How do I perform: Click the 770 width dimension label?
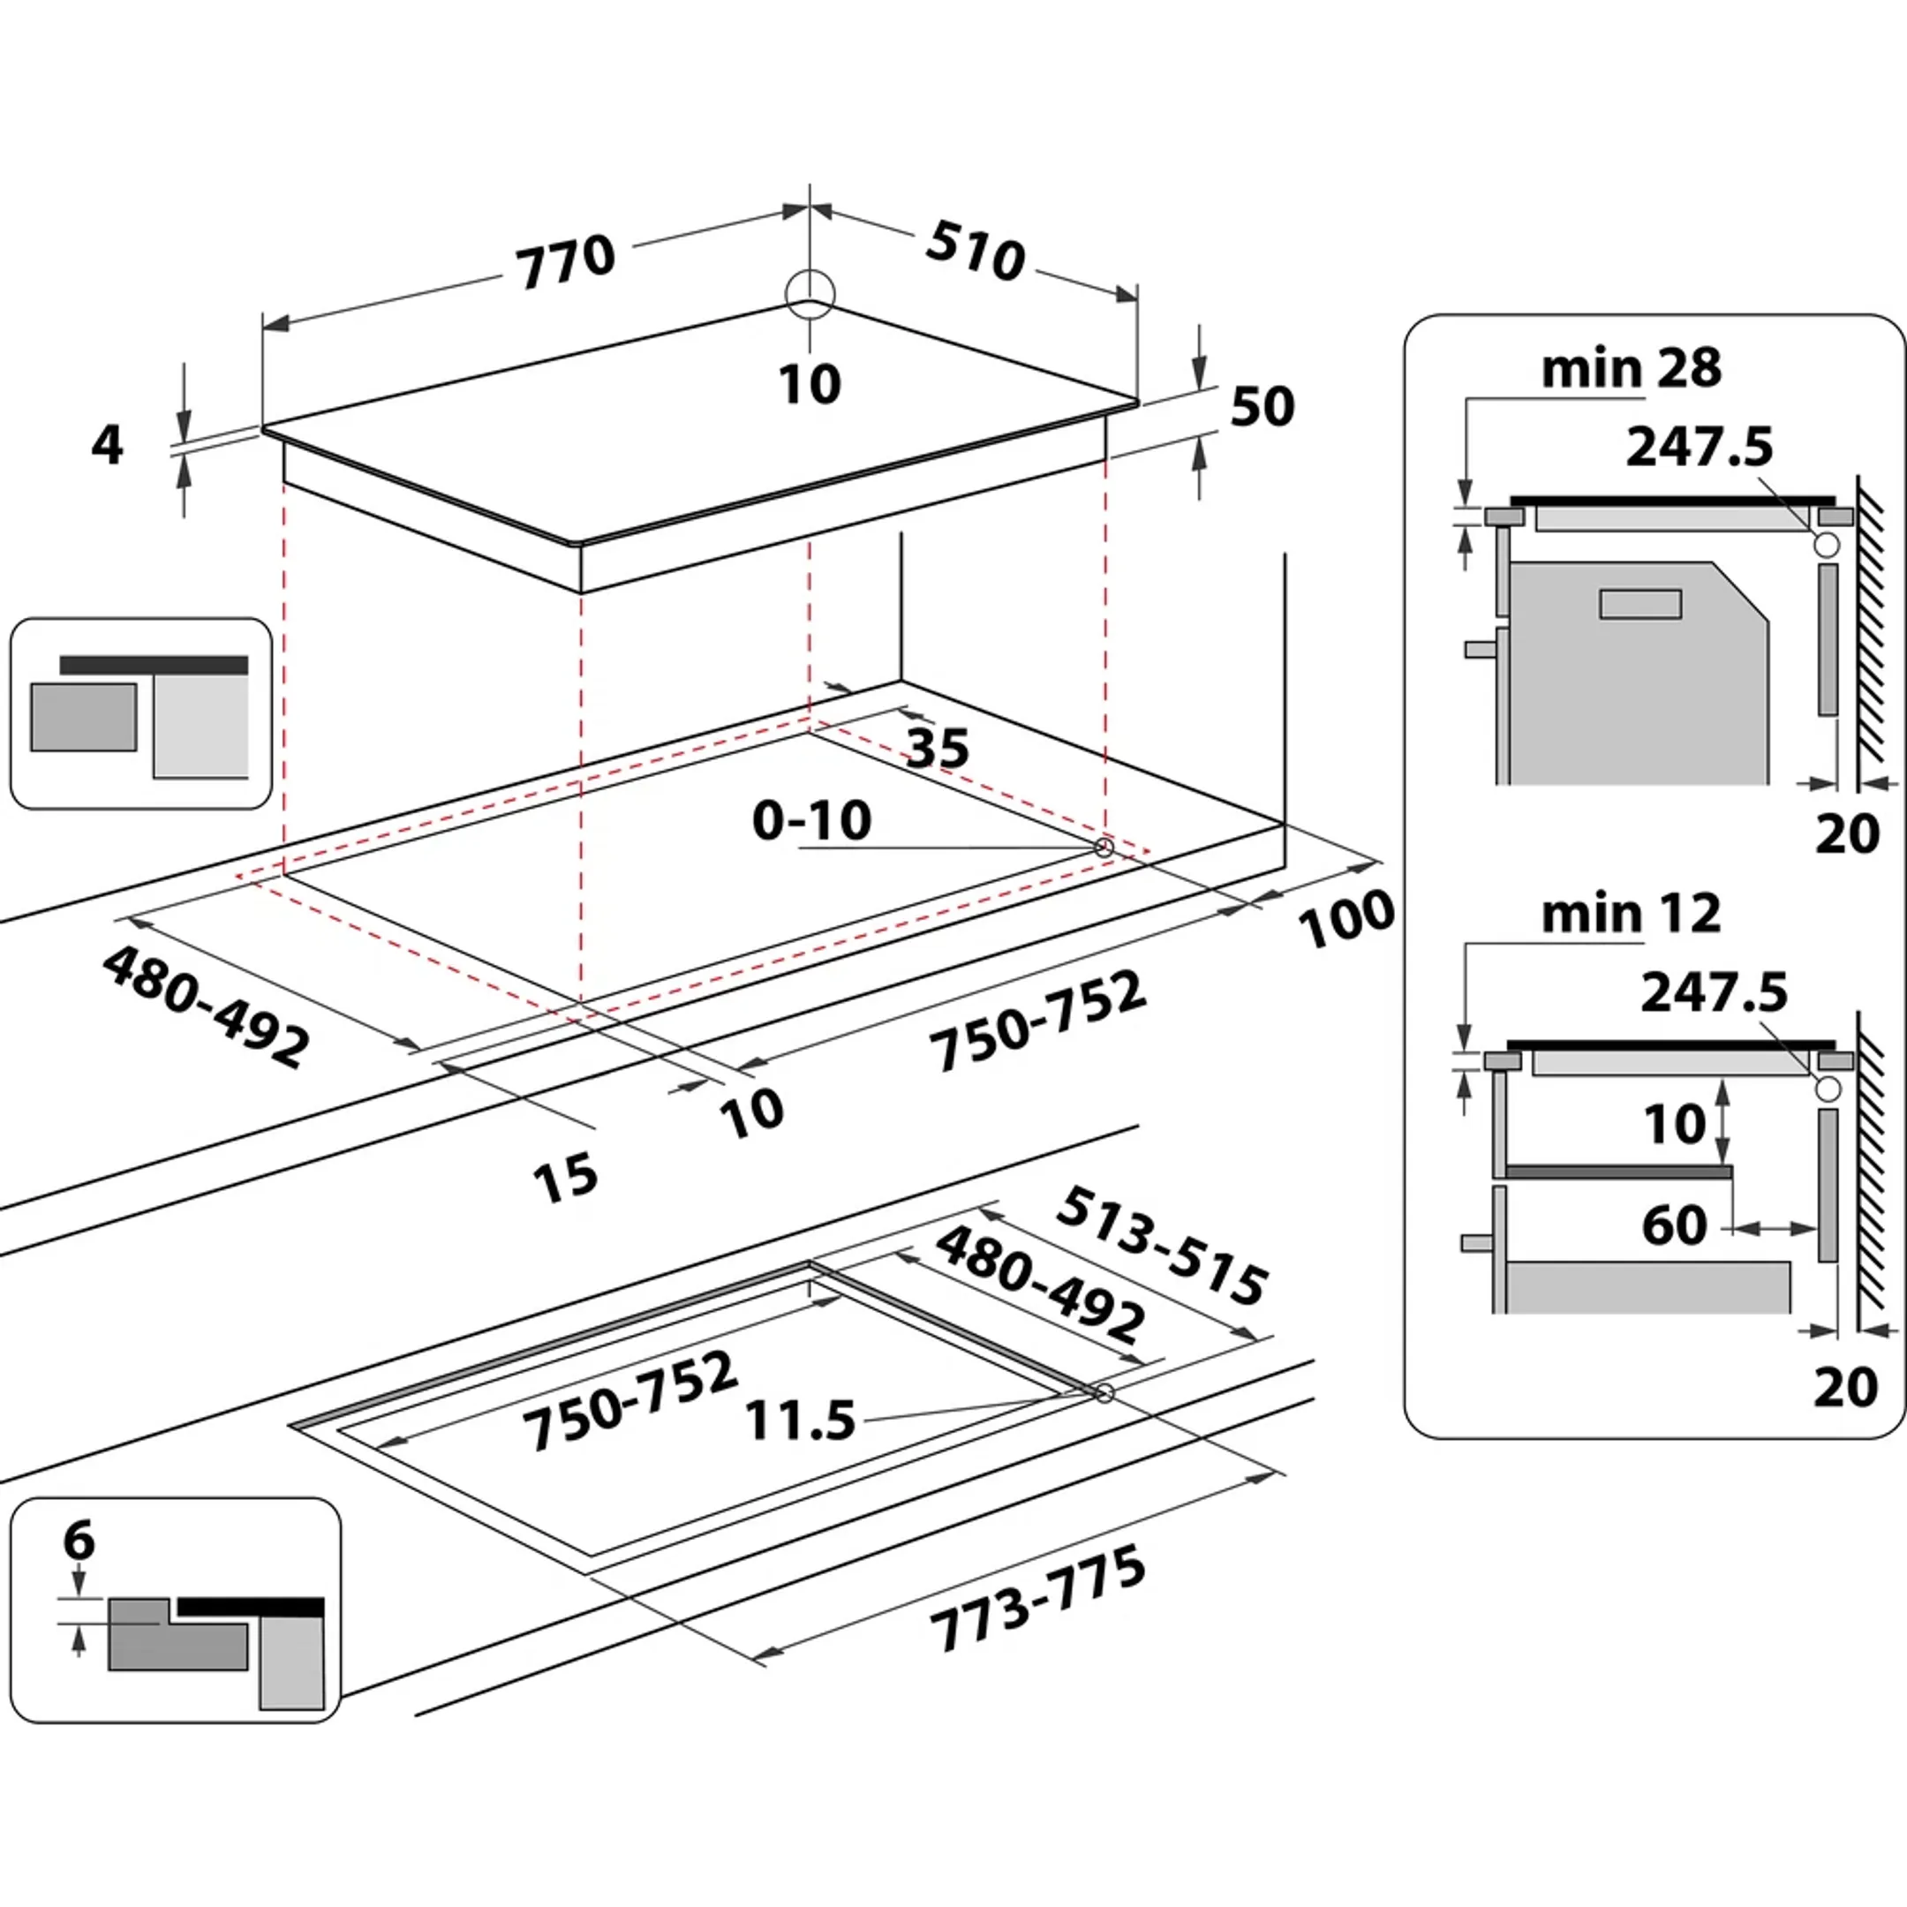[x=567, y=262]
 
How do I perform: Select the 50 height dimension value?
[x=1263, y=406]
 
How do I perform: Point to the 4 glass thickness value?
[x=107, y=445]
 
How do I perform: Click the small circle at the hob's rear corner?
[x=810, y=294]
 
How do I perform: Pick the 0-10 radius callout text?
[x=811, y=820]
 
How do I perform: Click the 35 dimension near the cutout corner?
[x=938, y=748]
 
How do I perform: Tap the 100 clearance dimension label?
[x=1345, y=919]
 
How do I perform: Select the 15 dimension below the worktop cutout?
[x=565, y=1178]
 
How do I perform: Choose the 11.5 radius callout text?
[x=800, y=1421]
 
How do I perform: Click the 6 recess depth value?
[x=79, y=1540]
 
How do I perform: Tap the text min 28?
[x=1631, y=368]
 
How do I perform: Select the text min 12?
[x=1631, y=914]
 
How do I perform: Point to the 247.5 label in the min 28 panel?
[x=1699, y=446]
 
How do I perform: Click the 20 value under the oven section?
[x=1847, y=835]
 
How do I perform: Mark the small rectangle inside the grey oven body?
[x=1640, y=604]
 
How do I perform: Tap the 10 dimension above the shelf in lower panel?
[x=1674, y=1123]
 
